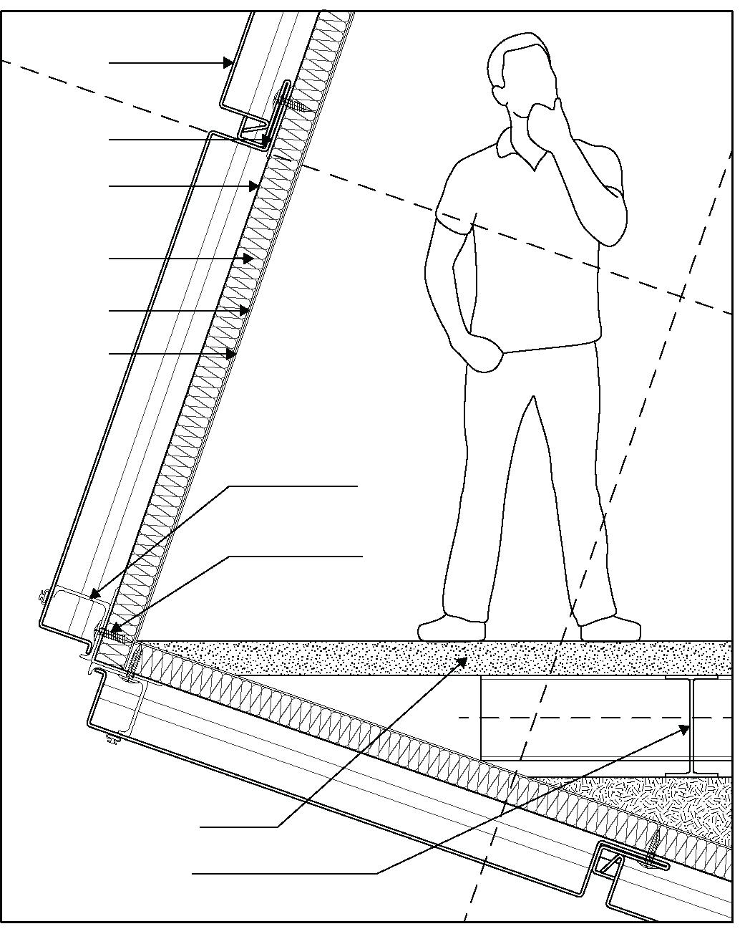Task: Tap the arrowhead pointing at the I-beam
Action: [684, 729]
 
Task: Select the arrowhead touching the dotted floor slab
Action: [463, 660]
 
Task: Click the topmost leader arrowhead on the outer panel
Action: [228, 63]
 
